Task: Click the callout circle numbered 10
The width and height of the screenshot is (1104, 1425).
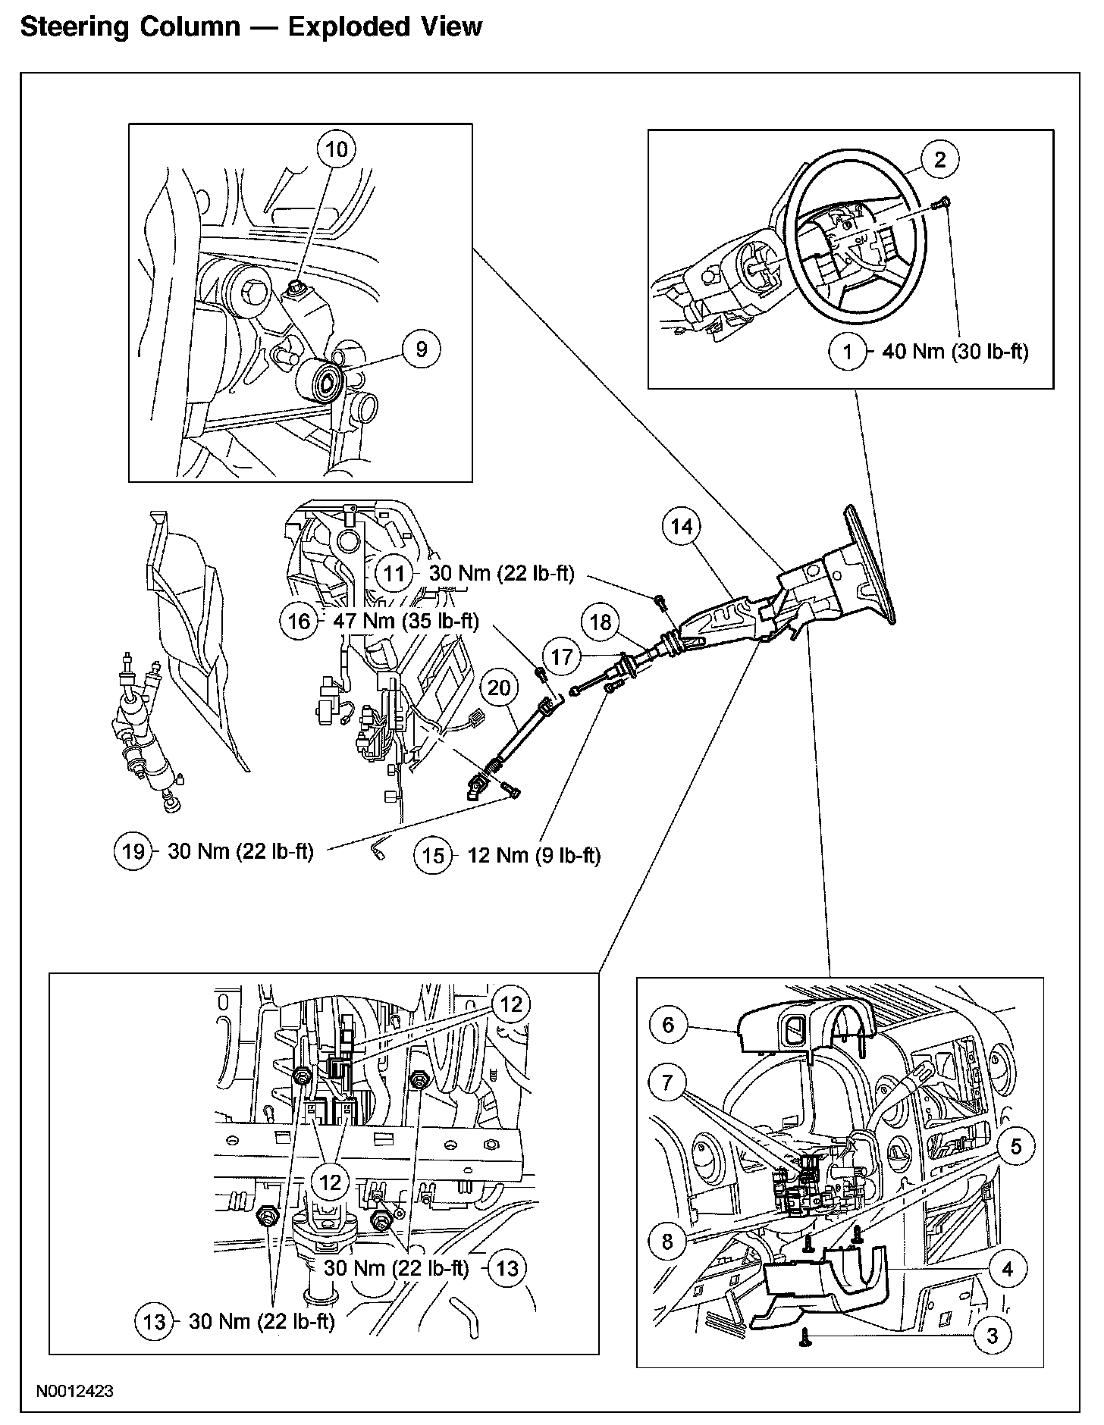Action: [x=336, y=149]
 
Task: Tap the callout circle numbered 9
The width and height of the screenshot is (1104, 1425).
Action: [x=422, y=349]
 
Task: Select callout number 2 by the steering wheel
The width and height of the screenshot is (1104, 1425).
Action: [x=940, y=159]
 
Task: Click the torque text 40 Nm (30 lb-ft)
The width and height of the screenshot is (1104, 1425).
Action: [x=955, y=352]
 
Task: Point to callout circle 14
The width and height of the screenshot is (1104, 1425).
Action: [x=682, y=527]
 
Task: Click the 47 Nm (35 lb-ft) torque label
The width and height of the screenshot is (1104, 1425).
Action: [x=406, y=622]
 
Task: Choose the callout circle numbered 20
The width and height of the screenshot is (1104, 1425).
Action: [x=499, y=688]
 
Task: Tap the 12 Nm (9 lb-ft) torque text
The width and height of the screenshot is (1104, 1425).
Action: [x=535, y=856]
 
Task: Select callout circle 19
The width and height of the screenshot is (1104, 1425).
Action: [x=133, y=851]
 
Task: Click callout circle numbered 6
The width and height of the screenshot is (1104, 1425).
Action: [x=668, y=1026]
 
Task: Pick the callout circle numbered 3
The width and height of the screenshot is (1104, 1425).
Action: [x=993, y=1336]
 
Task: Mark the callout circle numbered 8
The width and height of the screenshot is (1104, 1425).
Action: [x=667, y=1242]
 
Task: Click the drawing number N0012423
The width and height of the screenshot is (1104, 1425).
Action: [x=74, y=1392]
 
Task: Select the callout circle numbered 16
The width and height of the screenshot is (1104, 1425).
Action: [x=300, y=622]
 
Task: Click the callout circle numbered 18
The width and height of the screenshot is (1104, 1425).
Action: [x=601, y=622]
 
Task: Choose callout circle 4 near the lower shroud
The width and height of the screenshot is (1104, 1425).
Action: [x=1007, y=1269]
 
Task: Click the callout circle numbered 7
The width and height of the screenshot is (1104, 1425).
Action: [x=668, y=1082]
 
